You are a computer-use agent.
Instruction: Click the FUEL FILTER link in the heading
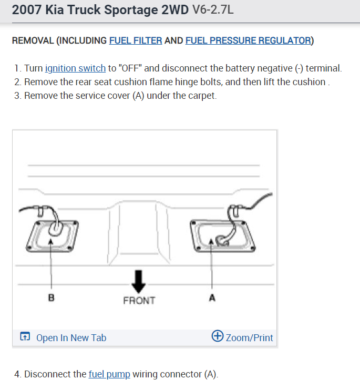pyautogui.click(x=135, y=40)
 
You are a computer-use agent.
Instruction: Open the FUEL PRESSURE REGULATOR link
pyautogui.click(x=248, y=40)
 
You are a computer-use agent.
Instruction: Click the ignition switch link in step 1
pyautogui.click(x=75, y=68)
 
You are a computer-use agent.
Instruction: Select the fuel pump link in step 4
pyautogui.click(x=109, y=374)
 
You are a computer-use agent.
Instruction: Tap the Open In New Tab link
pyautogui.click(x=71, y=337)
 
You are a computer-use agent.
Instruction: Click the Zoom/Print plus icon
pyautogui.click(x=217, y=336)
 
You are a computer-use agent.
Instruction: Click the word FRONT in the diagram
pyautogui.click(x=139, y=301)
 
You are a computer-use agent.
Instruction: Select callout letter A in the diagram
pyautogui.click(x=212, y=298)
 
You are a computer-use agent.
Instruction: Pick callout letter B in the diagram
pyautogui.click(x=51, y=298)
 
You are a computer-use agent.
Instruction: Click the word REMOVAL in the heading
pyautogui.click(x=34, y=40)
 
